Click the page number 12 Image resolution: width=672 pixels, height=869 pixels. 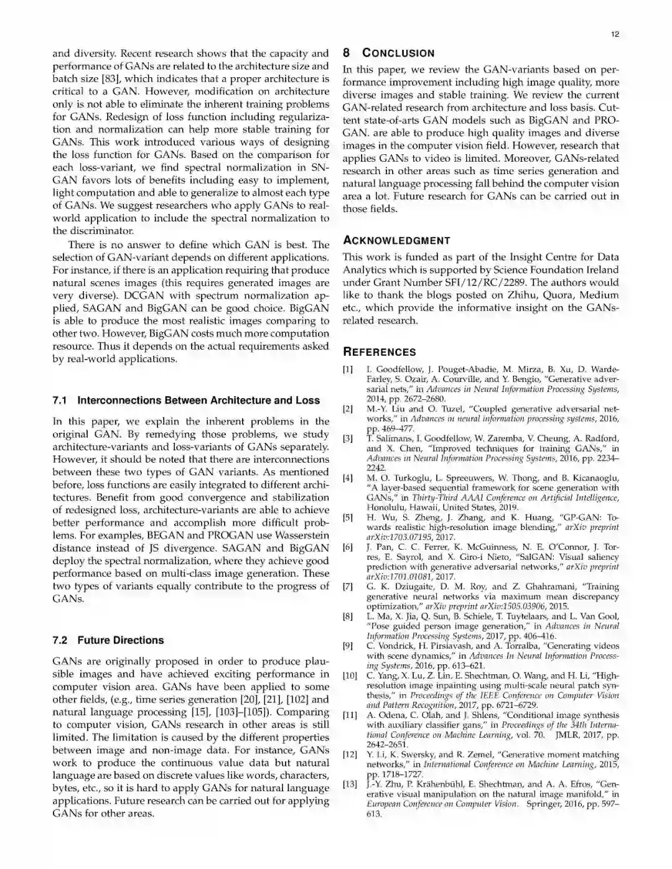tap(615, 34)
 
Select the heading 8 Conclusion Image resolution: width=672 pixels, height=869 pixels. tap(389, 53)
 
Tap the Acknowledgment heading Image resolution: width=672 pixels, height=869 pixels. tap(396, 240)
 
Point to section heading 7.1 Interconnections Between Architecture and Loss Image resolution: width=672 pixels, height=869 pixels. tap(186, 400)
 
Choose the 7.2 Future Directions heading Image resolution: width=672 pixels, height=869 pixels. tap(108, 640)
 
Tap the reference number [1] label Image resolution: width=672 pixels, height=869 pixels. tap(348, 369)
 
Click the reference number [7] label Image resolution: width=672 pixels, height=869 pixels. tap(348, 587)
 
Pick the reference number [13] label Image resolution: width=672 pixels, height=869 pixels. tap(350, 784)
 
